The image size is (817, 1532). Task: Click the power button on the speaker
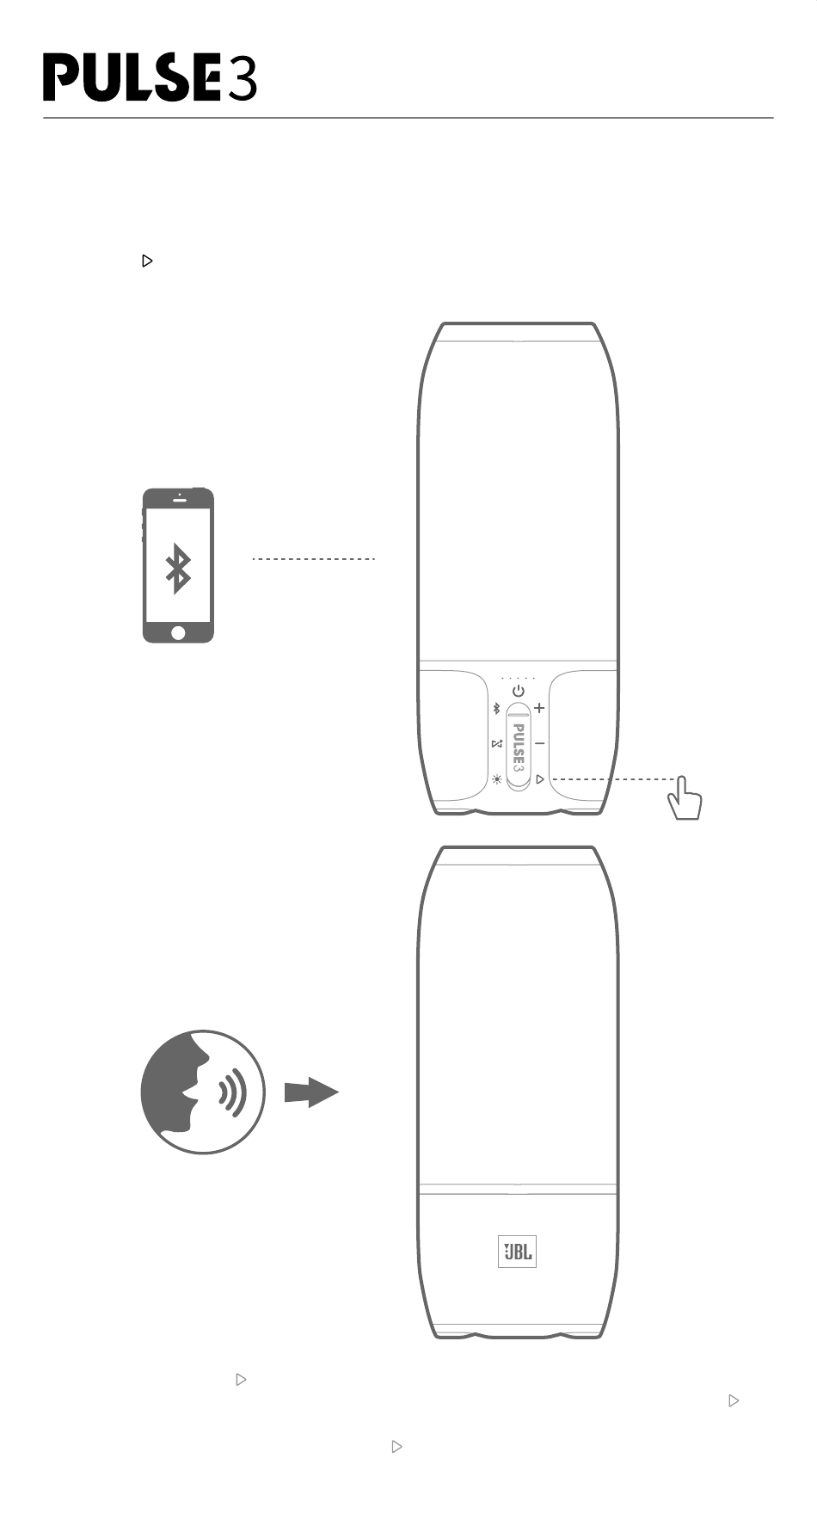point(518,691)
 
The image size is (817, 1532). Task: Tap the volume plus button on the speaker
point(539,709)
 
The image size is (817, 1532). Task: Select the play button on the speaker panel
point(539,779)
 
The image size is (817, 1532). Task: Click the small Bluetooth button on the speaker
point(495,709)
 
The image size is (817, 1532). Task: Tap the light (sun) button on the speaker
point(496,780)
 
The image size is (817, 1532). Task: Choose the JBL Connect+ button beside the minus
point(496,744)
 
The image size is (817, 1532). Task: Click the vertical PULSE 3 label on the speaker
point(518,746)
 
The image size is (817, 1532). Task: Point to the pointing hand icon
point(684,800)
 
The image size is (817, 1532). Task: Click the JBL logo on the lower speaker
point(517,1252)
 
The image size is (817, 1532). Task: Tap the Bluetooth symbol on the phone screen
point(178,569)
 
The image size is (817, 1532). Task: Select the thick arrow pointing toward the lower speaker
point(310,1092)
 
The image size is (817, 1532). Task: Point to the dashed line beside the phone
point(314,559)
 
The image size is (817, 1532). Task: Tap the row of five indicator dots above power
point(518,678)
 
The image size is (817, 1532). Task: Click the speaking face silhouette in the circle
point(177,1091)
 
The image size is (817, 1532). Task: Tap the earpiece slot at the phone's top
point(179,499)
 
